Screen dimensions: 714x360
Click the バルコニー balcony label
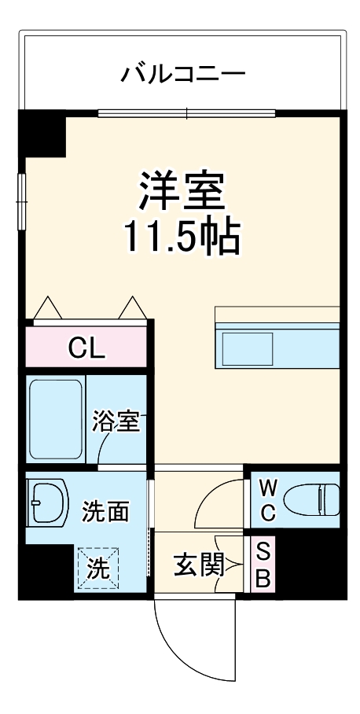coord(182,75)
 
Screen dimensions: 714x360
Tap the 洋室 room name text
coord(182,191)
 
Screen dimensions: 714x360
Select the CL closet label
coord(86,348)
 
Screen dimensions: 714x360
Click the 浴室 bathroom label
coord(115,422)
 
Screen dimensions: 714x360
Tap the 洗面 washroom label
coord(105,512)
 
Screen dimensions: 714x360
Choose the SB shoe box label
coord(263,565)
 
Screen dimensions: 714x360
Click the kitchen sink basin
coord(247,348)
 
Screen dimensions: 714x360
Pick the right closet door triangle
coord(132,307)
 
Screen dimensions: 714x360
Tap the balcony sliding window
coord(187,112)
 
